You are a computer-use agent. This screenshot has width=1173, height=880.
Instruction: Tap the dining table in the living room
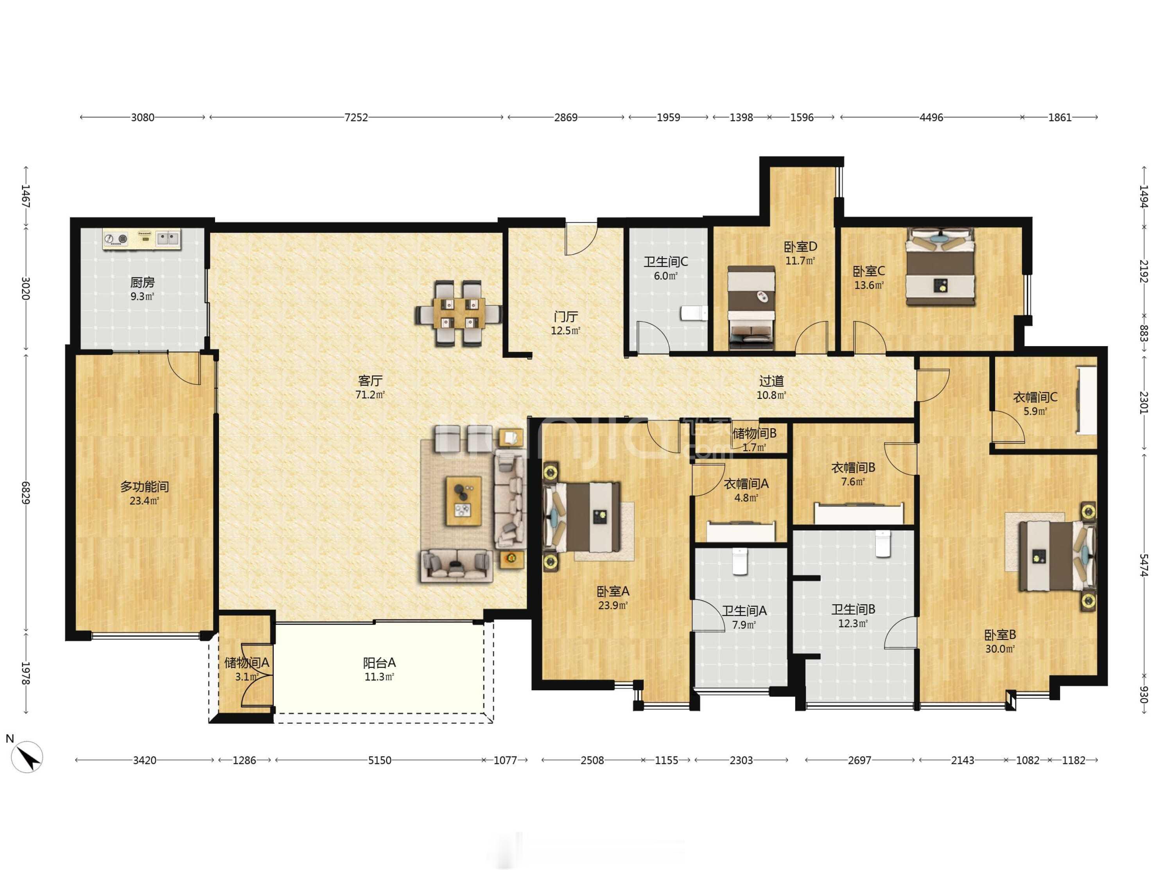click(459, 313)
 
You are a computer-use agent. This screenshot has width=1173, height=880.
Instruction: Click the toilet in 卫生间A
click(740, 562)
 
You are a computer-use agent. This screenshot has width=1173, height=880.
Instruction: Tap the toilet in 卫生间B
click(882, 544)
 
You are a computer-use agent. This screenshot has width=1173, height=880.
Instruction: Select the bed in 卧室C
click(940, 267)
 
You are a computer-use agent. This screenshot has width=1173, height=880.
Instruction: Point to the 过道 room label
click(771, 381)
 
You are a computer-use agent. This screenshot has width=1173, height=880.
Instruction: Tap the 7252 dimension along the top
click(356, 117)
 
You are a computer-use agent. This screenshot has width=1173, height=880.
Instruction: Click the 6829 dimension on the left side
click(25, 492)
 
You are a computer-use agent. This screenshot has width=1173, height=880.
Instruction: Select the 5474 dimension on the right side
click(1144, 565)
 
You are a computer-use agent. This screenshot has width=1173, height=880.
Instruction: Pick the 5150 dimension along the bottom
click(380, 760)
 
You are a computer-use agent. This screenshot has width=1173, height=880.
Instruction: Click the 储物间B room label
click(754, 433)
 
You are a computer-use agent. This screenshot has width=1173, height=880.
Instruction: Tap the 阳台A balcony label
click(379, 663)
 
